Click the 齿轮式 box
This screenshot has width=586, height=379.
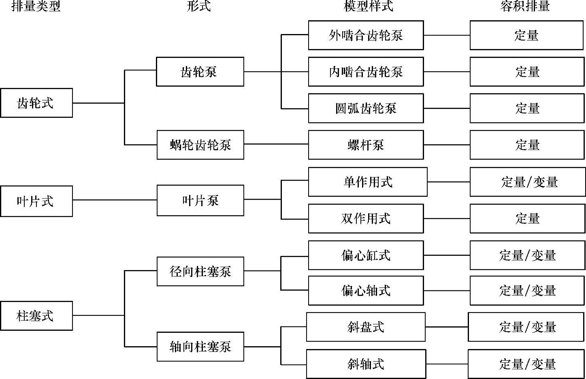click(x=36, y=103)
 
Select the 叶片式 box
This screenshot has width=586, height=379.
click(x=36, y=201)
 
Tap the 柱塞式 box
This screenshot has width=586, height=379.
click(x=36, y=315)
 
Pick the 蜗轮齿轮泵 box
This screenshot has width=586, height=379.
click(x=200, y=145)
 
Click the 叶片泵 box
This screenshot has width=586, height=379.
click(x=200, y=200)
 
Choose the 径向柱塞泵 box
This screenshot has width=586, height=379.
click(x=200, y=271)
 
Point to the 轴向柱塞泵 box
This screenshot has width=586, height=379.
click(x=200, y=346)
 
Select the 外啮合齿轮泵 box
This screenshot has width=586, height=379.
click(x=366, y=35)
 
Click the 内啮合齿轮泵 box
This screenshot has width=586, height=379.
click(x=366, y=72)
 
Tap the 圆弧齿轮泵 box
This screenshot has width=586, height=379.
click(x=366, y=108)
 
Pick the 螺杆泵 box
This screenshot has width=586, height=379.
click(x=366, y=145)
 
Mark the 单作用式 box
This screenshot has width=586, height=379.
click(x=368, y=182)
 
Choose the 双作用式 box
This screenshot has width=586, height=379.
click(x=366, y=218)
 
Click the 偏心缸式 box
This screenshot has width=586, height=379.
click(x=366, y=255)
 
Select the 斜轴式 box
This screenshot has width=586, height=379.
click(x=366, y=364)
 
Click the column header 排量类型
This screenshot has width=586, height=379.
click(x=36, y=6)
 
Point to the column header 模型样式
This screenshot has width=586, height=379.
click(x=368, y=6)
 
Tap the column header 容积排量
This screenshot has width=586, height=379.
click(x=525, y=6)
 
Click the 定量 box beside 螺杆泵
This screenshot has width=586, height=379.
click(x=526, y=145)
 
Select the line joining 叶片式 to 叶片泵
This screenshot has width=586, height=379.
click(x=115, y=200)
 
